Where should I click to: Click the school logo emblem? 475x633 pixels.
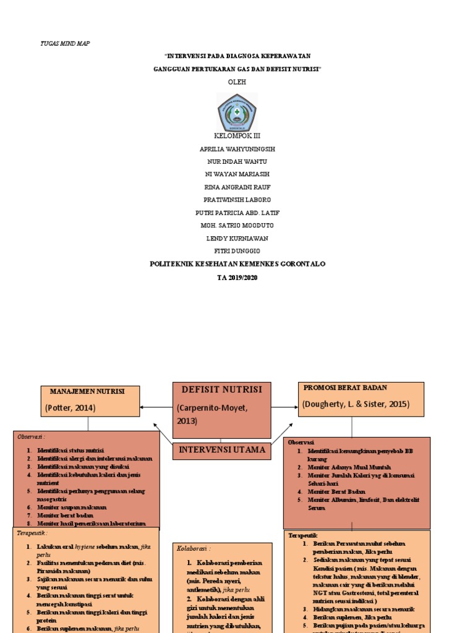pyautogui.click(x=237, y=113)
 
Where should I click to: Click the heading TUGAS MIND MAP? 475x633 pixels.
pyautogui.click(x=65, y=44)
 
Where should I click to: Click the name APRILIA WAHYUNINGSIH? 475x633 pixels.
pyautogui.click(x=237, y=149)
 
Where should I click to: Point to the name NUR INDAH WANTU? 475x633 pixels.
pyautogui.click(x=237, y=161)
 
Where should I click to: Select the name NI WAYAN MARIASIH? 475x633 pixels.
pyautogui.click(x=237, y=174)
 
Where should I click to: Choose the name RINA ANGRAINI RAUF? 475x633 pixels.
pyautogui.click(x=237, y=187)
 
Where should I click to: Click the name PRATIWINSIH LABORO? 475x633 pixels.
pyautogui.click(x=237, y=200)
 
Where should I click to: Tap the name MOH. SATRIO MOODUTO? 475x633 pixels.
pyautogui.click(x=237, y=225)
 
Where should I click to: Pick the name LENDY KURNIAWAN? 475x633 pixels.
pyautogui.click(x=237, y=238)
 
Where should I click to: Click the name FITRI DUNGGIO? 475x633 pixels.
pyautogui.click(x=237, y=250)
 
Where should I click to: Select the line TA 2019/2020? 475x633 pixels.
pyautogui.click(x=237, y=278)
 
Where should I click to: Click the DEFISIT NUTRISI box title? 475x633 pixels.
pyautogui.click(x=221, y=389)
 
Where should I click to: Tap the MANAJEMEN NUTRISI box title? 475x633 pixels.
pyautogui.click(x=87, y=391)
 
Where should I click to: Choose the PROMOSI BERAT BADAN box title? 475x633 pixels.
pyautogui.click(x=344, y=388)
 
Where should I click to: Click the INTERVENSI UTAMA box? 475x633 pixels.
pyautogui.click(x=222, y=449)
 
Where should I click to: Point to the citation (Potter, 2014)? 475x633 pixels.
pyautogui.click(x=71, y=407)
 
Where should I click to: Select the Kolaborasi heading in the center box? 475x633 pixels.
pyautogui.click(x=194, y=548)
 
